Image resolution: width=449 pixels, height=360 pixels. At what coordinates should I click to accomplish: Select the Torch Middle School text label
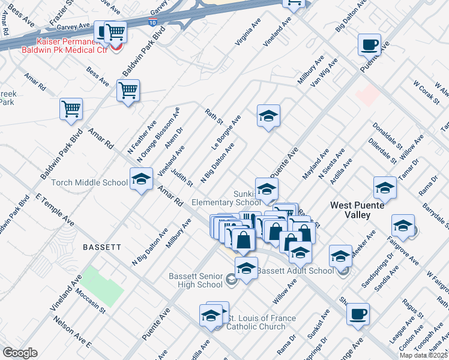click(x=89, y=183)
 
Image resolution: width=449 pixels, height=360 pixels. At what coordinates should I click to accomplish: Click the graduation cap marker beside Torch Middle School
click(x=141, y=179)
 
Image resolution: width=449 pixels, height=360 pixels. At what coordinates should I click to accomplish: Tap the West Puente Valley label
click(x=358, y=211)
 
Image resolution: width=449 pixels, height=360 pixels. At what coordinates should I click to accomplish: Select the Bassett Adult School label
click(x=295, y=271)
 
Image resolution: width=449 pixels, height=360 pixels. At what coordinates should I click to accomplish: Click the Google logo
click(x=20, y=352)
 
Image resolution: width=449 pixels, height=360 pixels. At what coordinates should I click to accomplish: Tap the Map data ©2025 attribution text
click(x=423, y=355)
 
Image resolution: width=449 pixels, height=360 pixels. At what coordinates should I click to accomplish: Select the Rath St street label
click(x=214, y=115)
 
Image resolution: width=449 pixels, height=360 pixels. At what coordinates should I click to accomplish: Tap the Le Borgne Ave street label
click(x=226, y=133)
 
